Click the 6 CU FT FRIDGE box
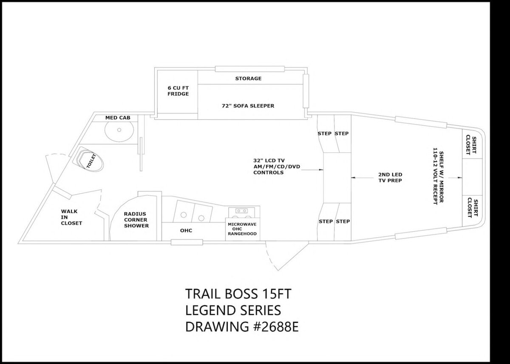(x=177, y=91)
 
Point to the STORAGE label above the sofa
(x=248, y=79)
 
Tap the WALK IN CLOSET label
(x=71, y=217)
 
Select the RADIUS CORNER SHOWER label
(x=136, y=220)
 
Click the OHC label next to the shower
(x=186, y=230)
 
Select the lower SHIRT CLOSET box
(x=471, y=206)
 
